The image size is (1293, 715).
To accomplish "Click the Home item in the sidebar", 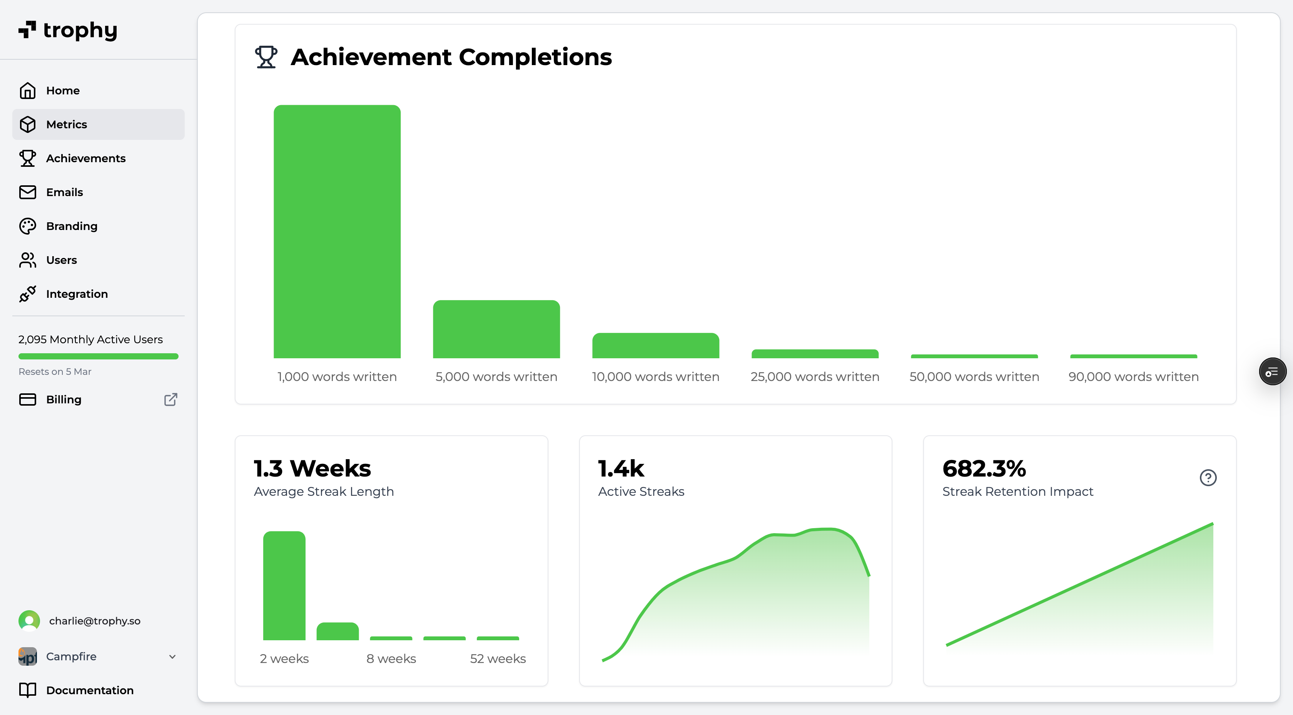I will pos(63,91).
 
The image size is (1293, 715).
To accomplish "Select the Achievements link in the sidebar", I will pos(85,158).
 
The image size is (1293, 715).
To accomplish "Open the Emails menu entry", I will pos(64,193).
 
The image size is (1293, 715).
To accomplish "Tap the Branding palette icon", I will pos(28,226).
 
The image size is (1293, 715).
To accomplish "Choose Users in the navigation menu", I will pos(61,260).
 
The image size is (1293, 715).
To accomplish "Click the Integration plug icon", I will pos(28,294).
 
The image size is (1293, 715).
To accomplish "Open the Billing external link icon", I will pos(170,399).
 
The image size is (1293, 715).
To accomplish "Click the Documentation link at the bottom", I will pos(89,690).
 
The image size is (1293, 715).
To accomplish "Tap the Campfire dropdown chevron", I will pos(172,657).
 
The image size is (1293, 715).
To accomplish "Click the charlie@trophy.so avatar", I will pos(29,621).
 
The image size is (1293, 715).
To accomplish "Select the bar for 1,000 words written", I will pos(337,232).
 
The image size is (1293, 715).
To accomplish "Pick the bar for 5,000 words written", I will pos(496,329).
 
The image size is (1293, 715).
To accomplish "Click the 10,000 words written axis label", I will pos(655,377).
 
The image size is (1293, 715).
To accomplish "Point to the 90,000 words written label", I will pos(1133,377).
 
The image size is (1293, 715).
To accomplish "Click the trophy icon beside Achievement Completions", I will pos(266,57).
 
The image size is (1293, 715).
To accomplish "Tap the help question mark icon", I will pos(1208,477).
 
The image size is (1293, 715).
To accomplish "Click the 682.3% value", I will pos(984,468).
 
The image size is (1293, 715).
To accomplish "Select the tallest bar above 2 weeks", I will pos(284,585).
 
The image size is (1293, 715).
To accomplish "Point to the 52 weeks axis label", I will pos(498,659).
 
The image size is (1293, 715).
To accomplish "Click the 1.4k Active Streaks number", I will pos(621,468).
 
